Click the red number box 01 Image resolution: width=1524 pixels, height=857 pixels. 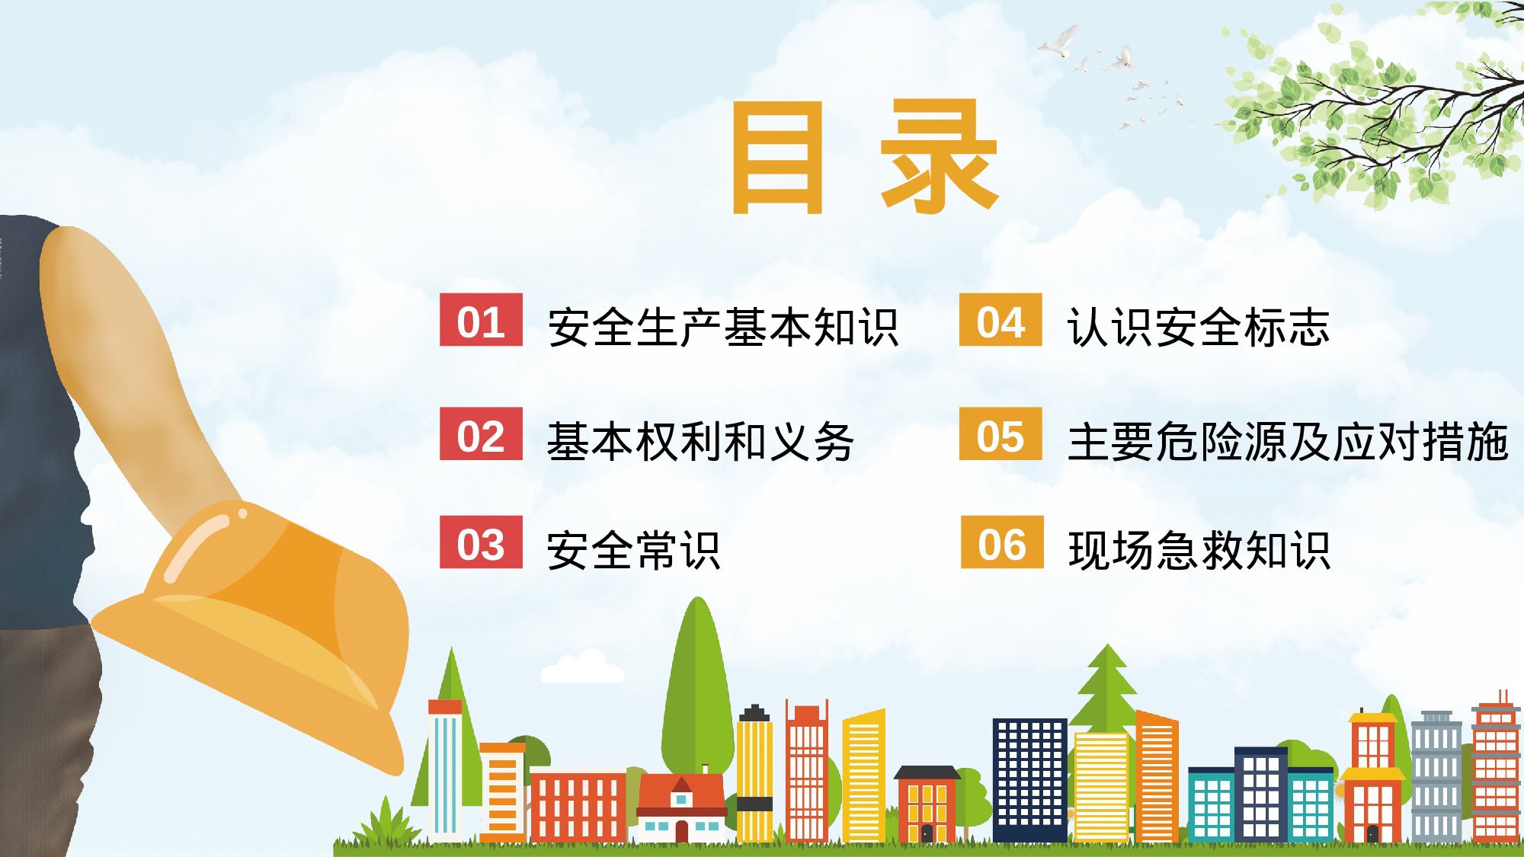pyautogui.click(x=481, y=320)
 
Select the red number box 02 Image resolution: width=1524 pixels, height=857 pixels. pyautogui.click(x=481, y=434)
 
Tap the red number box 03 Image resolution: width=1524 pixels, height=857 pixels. pyautogui.click(x=481, y=542)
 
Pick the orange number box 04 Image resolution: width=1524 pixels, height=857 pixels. pyautogui.click(x=1001, y=320)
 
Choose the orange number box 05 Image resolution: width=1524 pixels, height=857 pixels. pyautogui.click(x=1001, y=434)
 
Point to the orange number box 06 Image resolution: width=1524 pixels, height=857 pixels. pyautogui.click(x=1002, y=542)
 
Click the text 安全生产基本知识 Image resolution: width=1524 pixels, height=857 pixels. pyautogui.click(x=722, y=328)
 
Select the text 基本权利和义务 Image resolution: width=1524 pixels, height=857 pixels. pyautogui.click(x=700, y=442)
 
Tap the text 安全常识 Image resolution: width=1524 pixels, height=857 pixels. pyautogui.click(x=633, y=550)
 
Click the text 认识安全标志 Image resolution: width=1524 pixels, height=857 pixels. pyautogui.click(x=1199, y=328)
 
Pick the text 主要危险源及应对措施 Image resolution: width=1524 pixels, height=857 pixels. pyautogui.click(x=1288, y=442)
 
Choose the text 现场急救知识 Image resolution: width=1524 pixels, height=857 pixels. pyautogui.click(x=1199, y=550)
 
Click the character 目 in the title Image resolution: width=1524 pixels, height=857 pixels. pyautogui.click(x=777, y=158)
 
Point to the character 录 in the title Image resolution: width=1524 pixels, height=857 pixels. pyautogui.click(x=939, y=158)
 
